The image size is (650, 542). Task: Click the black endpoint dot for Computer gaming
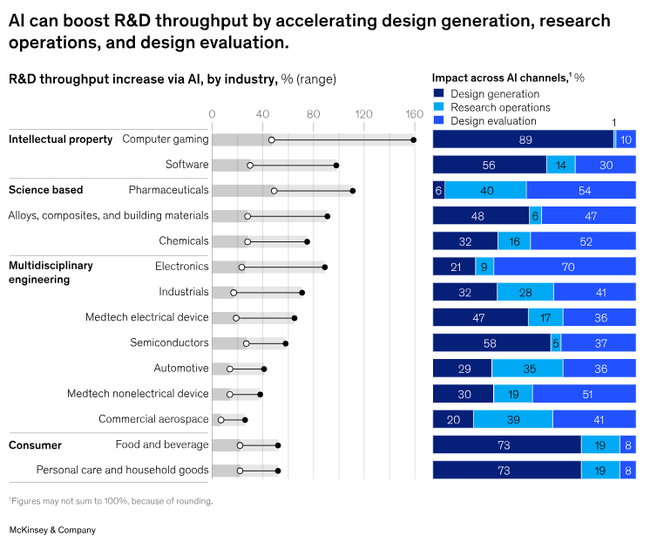pos(413,139)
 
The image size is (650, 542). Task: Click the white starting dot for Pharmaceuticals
pos(274,190)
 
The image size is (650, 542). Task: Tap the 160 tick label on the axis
pos(414,113)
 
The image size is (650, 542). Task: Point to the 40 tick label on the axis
pos(262,113)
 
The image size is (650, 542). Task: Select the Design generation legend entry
pos(487,94)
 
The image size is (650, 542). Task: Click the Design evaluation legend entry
pos(487,121)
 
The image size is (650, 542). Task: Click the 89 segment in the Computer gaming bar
pos(524,139)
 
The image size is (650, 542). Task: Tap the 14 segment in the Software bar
pos(560,165)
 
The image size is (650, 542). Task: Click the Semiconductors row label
pos(169,343)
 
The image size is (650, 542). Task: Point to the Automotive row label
pos(181,369)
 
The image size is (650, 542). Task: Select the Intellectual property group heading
pos(60,139)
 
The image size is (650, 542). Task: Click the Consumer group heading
pos(35,445)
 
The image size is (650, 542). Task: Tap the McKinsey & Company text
pos(52,530)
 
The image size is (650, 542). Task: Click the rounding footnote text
pos(111,501)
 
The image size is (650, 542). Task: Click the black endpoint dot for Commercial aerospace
pos(245,419)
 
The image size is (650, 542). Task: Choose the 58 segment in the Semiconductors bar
pos(491,343)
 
